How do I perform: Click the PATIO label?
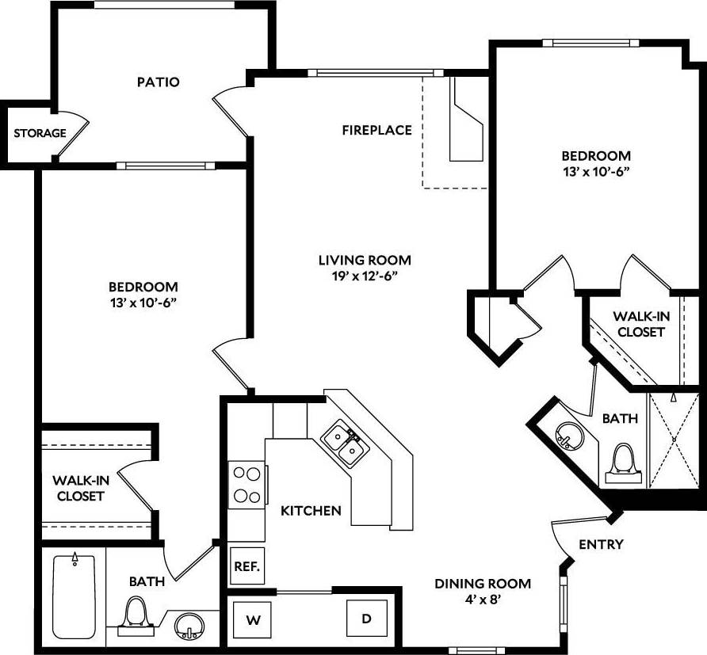[x=159, y=82]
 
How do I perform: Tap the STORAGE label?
[x=40, y=133]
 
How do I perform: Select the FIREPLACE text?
[x=376, y=130]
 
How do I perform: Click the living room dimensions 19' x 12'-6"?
[x=365, y=276]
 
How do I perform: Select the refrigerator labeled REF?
[x=243, y=567]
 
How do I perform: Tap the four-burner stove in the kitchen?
[x=247, y=486]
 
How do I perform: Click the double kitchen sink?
[x=345, y=444]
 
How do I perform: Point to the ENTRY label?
[x=601, y=544]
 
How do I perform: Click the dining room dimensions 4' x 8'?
[x=482, y=599]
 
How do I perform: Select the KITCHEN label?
[x=311, y=511]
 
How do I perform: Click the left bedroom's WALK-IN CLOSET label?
[x=78, y=488]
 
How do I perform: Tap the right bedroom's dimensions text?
[x=596, y=170]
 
